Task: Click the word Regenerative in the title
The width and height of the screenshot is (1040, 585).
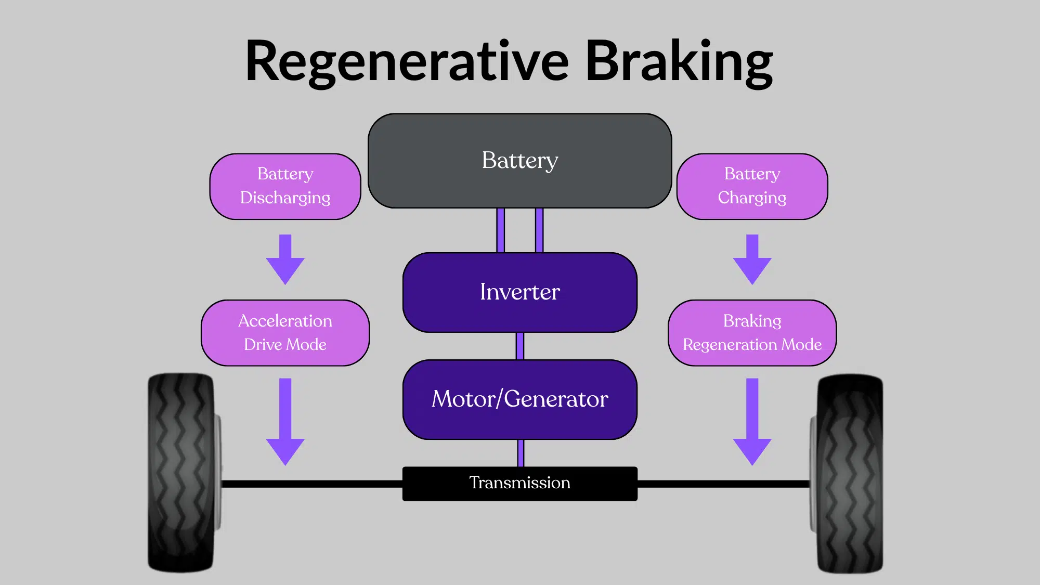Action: coord(407,61)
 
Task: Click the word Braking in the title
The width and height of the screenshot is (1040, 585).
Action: coord(679,61)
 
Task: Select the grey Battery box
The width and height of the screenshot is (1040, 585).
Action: coord(519,161)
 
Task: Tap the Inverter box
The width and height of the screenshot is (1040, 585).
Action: coord(519,292)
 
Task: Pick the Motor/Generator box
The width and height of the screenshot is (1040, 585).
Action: coord(519,399)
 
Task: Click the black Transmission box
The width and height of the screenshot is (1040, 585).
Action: coord(519,484)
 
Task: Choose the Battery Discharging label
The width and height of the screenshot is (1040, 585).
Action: coord(285,186)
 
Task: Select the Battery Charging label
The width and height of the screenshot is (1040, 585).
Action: coord(752,186)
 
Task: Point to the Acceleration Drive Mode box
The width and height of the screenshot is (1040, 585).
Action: coord(285,333)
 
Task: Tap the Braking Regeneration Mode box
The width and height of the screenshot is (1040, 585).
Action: coord(752,333)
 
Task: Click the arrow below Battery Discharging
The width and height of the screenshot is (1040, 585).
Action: coord(285,260)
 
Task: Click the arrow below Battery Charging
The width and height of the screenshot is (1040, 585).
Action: coord(752,260)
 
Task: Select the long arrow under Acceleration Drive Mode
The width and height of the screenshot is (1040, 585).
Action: coord(285,421)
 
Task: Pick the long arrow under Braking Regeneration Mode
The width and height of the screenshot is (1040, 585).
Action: coord(752,421)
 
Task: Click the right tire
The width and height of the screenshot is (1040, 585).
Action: coord(850,473)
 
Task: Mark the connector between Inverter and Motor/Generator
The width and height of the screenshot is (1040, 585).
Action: coord(519,346)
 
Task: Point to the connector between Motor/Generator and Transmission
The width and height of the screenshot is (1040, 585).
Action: coord(521,453)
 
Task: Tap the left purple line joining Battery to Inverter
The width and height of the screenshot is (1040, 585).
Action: coord(500,230)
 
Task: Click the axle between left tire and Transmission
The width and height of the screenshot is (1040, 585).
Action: coord(312,484)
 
